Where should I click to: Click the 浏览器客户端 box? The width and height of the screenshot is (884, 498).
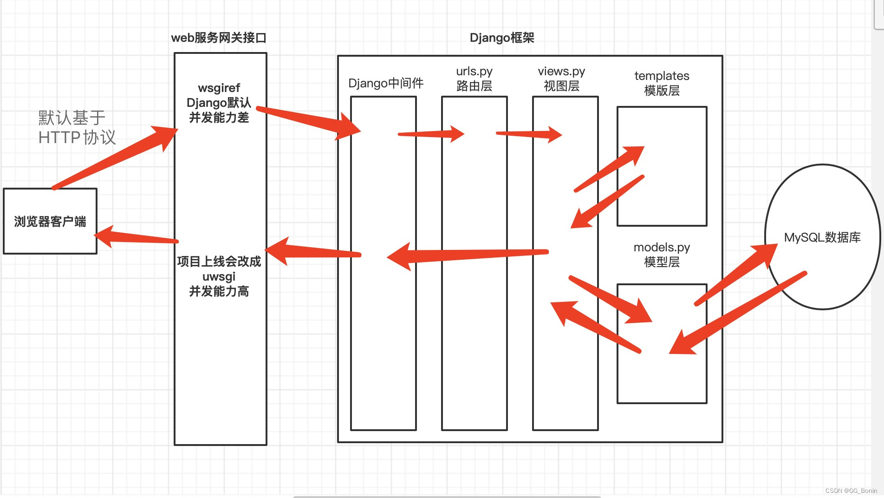[x=50, y=221]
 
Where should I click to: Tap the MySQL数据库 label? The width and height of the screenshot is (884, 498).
[x=822, y=237]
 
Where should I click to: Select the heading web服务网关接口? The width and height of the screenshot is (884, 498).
[x=219, y=38]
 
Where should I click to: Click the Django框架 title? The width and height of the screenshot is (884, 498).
[x=502, y=38]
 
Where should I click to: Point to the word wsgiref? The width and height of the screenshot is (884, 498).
[x=219, y=88]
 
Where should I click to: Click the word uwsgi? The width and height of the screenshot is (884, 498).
[x=219, y=276]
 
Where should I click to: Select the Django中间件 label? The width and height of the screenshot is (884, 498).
[x=386, y=83]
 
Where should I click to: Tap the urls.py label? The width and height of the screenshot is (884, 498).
[x=474, y=71]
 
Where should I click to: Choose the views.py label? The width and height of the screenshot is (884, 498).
[x=561, y=71]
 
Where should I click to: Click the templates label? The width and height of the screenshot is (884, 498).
[x=662, y=76]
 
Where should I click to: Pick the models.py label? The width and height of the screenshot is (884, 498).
[x=662, y=247]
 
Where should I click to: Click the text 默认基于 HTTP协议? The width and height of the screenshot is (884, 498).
[x=77, y=128]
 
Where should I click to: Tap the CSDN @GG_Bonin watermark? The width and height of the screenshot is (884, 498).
[x=851, y=491]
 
